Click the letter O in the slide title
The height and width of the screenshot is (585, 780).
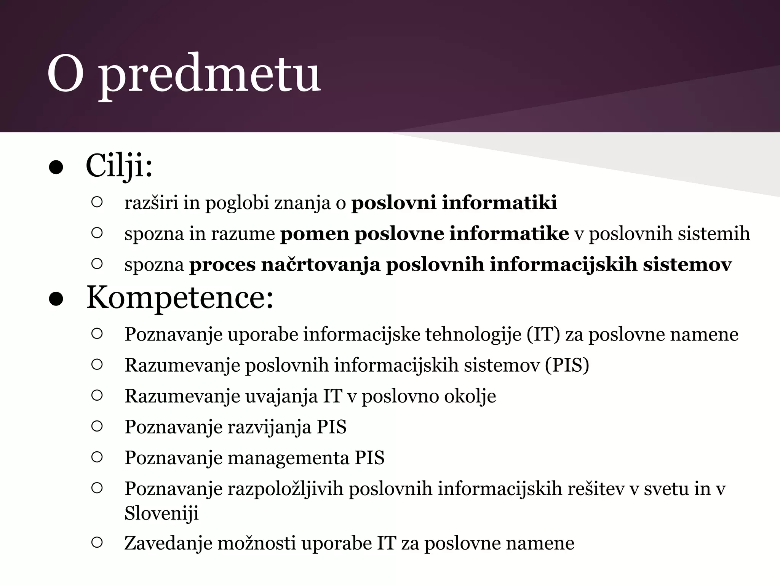click(65, 74)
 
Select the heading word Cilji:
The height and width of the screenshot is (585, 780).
click(119, 166)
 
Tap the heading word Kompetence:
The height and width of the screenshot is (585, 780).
click(180, 298)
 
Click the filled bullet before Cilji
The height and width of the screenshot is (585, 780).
click(56, 168)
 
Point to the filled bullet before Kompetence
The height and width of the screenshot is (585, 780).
click(56, 300)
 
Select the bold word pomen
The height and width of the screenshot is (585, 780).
click(315, 233)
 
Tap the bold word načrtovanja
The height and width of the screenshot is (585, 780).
click(320, 264)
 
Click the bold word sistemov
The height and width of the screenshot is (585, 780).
click(687, 264)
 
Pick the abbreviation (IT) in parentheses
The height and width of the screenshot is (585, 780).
click(543, 334)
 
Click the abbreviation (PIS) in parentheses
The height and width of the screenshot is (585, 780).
click(567, 365)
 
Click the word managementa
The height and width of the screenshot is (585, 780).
click(288, 457)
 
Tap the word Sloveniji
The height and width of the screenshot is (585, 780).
click(161, 513)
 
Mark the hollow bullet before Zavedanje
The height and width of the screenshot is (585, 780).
click(97, 542)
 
